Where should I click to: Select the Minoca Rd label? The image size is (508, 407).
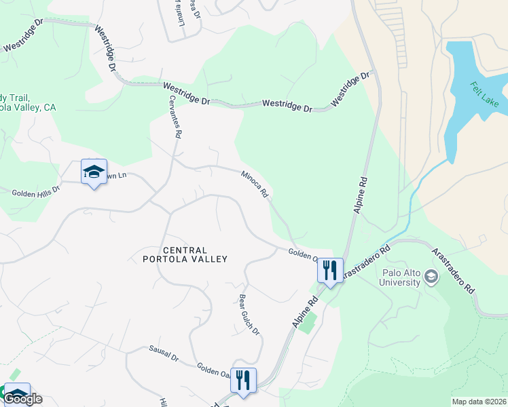pyautogui.click(x=254, y=185)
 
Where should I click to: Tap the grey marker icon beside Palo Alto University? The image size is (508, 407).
pyautogui.click(x=431, y=276)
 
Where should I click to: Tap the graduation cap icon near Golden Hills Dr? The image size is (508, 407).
pyautogui.click(x=94, y=172)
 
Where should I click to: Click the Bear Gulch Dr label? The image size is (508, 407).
pyautogui.click(x=249, y=313)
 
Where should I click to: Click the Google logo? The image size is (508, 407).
pyautogui.click(x=22, y=399)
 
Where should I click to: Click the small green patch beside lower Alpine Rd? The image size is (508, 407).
pyautogui.click(x=308, y=324)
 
